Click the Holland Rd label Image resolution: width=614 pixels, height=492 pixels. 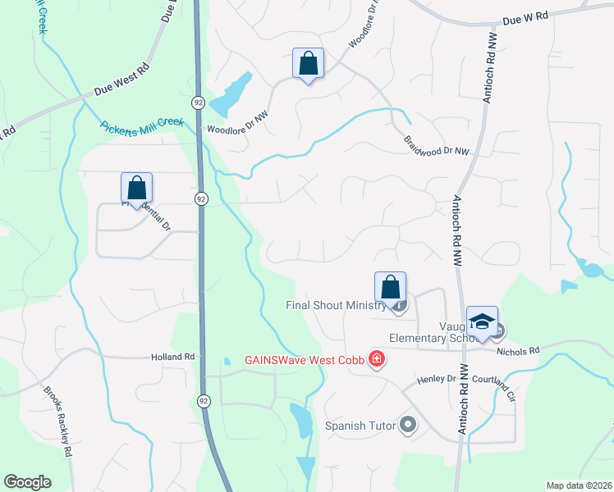(172, 357)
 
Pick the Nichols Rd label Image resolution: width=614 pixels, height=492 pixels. (518, 351)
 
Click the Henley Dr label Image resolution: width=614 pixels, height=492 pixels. (436, 379)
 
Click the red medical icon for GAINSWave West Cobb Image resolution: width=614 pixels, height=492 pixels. (377, 360)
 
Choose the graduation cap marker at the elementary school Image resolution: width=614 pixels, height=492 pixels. (482, 321)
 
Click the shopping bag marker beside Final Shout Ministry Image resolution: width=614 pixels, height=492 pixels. (391, 288)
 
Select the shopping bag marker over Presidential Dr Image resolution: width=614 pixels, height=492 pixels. (136, 188)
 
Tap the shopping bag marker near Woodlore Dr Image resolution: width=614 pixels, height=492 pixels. (308, 63)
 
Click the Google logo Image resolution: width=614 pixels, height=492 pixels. (27, 482)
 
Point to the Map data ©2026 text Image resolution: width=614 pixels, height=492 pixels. (579, 485)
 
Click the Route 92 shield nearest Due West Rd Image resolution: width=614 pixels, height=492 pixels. (199, 102)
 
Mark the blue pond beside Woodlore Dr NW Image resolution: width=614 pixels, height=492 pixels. (231, 97)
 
